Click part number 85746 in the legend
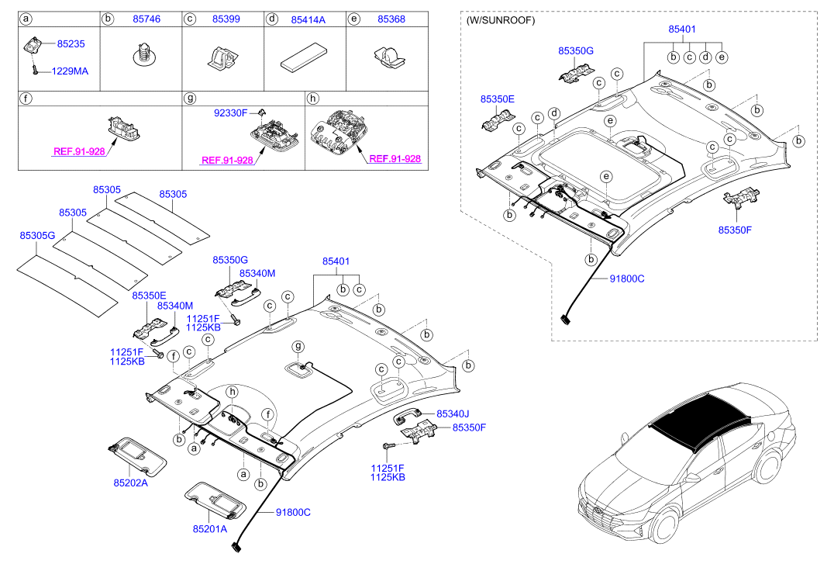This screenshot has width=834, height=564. pyautogui.click(x=146, y=19)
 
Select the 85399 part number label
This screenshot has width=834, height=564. pyautogui.click(x=226, y=19)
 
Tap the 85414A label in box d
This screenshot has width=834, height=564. pyautogui.click(x=308, y=19)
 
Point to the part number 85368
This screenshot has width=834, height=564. pyautogui.click(x=391, y=19)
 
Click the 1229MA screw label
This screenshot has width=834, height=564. pyautogui.click(x=70, y=71)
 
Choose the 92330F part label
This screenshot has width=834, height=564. pyautogui.click(x=231, y=113)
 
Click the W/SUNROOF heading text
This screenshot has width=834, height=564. pyautogui.click(x=501, y=20)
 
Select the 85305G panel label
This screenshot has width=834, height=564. pyautogui.click(x=37, y=235)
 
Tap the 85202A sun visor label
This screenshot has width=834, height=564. pyautogui.click(x=130, y=483)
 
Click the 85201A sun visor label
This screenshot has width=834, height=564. pyautogui.click(x=209, y=529)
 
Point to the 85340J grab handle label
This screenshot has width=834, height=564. pyautogui.click(x=453, y=413)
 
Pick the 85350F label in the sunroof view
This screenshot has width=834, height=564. pyautogui.click(x=735, y=230)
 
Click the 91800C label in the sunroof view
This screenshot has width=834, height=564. pyautogui.click(x=627, y=279)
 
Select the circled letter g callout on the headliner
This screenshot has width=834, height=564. pyautogui.click(x=298, y=347)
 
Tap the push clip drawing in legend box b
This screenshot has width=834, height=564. pyautogui.click(x=142, y=54)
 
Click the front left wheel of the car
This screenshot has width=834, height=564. pyautogui.click(x=664, y=524)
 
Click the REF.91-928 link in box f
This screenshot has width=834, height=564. pyautogui.click(x=79, y=152)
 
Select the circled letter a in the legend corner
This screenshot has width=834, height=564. pyautogui.click(x=26, y=19)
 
